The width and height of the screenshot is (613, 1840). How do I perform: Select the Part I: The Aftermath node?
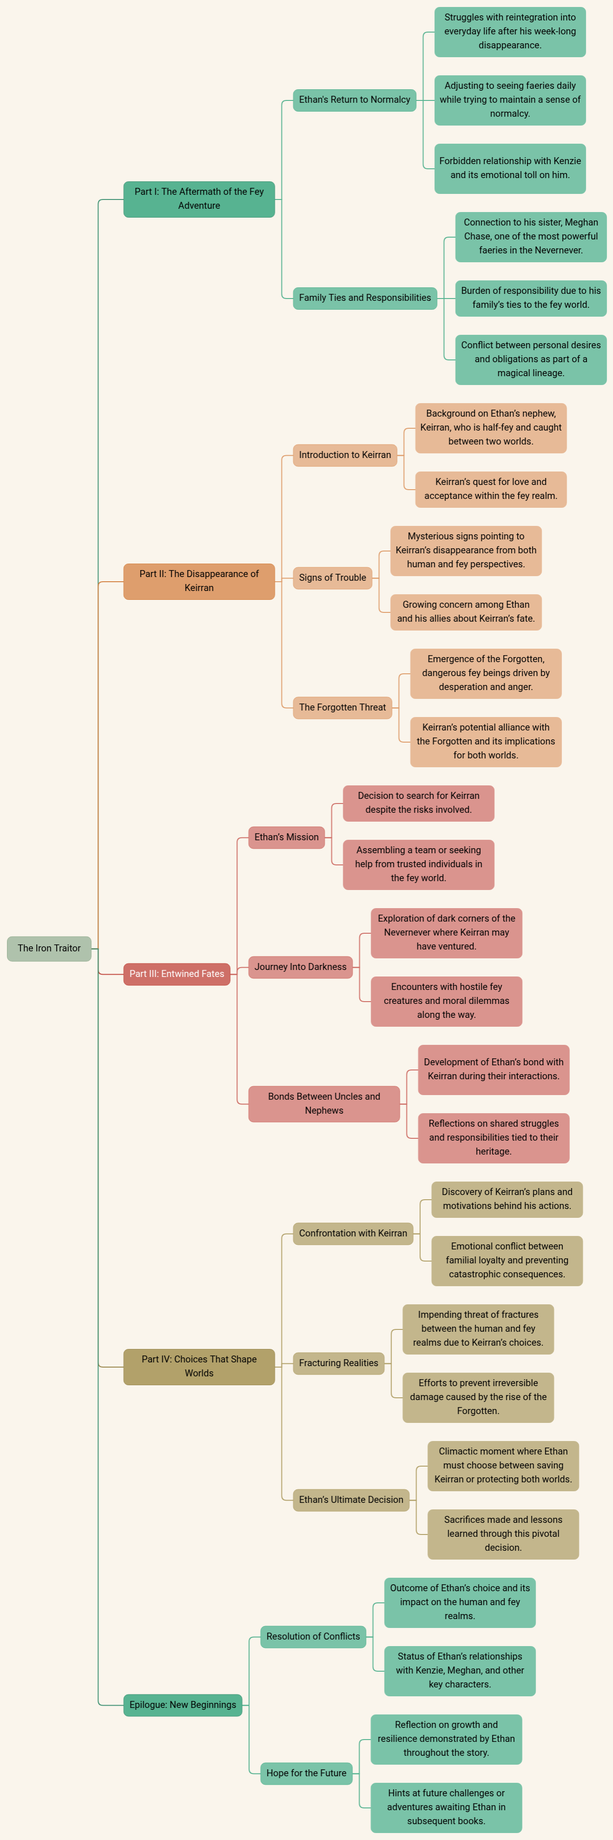199,199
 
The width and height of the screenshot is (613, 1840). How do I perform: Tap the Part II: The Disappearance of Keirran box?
199,581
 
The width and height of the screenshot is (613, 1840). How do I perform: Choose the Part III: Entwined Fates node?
177,974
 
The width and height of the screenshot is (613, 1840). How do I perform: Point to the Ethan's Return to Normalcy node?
355,100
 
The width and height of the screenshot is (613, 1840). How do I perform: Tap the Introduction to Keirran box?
345,454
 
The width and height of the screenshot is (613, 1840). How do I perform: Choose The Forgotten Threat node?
343,707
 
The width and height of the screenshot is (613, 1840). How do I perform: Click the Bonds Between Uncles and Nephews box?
324,1103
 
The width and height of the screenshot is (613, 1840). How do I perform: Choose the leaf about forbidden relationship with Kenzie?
510,168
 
